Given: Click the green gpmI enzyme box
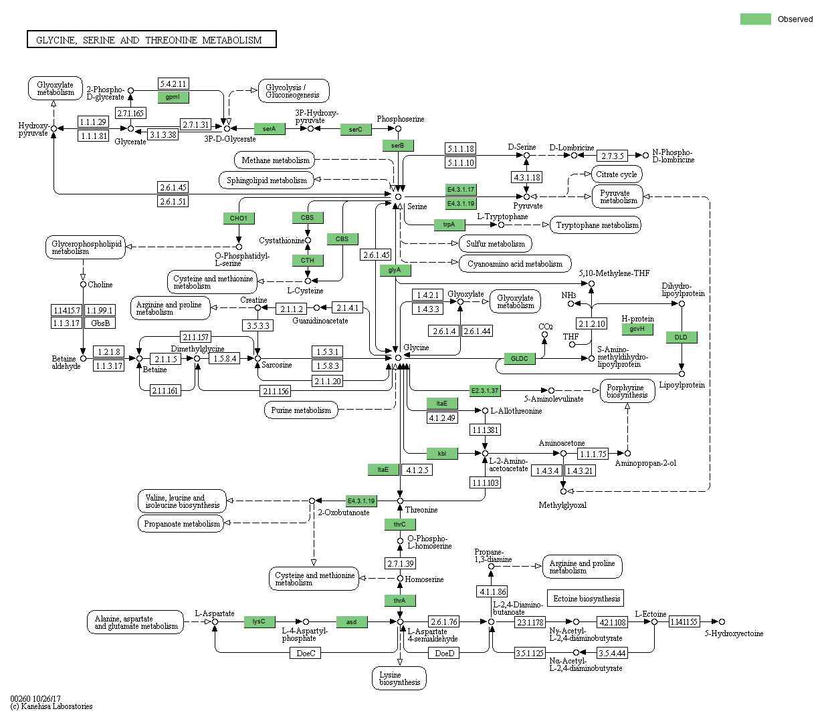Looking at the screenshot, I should coord(173,97).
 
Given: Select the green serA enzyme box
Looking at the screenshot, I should coord(270,129).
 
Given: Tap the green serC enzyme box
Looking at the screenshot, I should coord(355,130).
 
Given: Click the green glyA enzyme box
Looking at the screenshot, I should coord(395,270).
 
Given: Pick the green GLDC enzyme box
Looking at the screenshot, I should coord(520,359).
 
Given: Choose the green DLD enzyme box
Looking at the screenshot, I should coord(681,337).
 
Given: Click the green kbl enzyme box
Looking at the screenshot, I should coord(442,454).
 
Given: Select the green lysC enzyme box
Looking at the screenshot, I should coord(259,621).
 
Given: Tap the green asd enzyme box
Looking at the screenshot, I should coord(351,622).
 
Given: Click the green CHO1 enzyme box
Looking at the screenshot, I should coord(239,219).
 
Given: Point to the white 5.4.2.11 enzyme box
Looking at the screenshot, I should coord(173,84).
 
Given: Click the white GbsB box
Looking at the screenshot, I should coord(100,323).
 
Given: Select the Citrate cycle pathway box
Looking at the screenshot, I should coord(617,174).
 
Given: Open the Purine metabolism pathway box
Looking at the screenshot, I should coord(301,410).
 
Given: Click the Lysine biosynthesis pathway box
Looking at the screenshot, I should coord(399,678).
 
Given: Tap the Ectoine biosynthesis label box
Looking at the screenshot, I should coord(587,599).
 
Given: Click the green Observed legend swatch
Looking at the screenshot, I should coord(756,19).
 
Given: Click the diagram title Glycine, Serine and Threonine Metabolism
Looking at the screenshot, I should coord(151,40).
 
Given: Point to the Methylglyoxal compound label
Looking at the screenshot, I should coord(562,505).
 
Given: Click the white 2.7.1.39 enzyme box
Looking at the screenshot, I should coord(400,563).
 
